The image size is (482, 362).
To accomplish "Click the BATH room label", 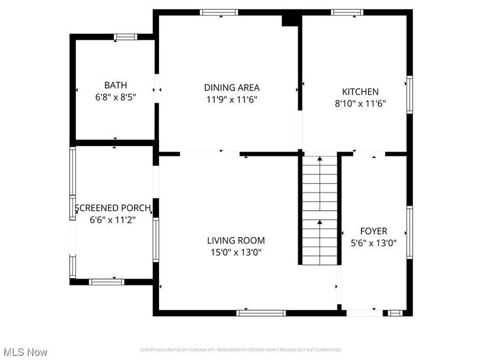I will pyautogui.click(x=115, y=86).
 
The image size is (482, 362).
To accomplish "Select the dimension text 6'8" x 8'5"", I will pyautogui.click(x=115, y=97).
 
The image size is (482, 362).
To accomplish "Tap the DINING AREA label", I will pyautogui.click(x=231, y=87).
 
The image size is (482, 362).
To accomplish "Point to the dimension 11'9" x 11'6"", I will pyautogui.click(x=231, y=100).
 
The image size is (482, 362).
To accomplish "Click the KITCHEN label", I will pyautogui.click(x=360, y=92).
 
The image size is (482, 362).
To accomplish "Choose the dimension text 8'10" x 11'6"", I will pyautogui.click(x=360, y=103).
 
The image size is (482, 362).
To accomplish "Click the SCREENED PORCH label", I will pyautogui.click(x=113, y=209).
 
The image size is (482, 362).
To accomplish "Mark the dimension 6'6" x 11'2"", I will pyautogui.click(x=113, y=220).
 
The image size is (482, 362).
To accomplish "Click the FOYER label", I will pyautogui.click(x=374, y=231).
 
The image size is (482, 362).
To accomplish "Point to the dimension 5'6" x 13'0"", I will pyautogui.click(x=374, y=243).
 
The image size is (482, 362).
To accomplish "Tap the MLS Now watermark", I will pyautogui.click(x=25, y=352).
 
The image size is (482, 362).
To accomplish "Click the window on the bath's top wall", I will pyautogui.click(x=126, y=37).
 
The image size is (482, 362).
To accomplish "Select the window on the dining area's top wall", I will pyautogui.click(x=219, y=12).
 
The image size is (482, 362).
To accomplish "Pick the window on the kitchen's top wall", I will pyautogui.click(x=347, y=12).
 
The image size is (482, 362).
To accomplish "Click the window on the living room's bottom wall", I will pyautogui.click(x=261, y=313).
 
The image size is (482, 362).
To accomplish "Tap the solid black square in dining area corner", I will pyautogui.click(x=290, y=20).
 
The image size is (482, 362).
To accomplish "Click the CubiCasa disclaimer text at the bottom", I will pyautogui.click(x=241, y=350).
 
